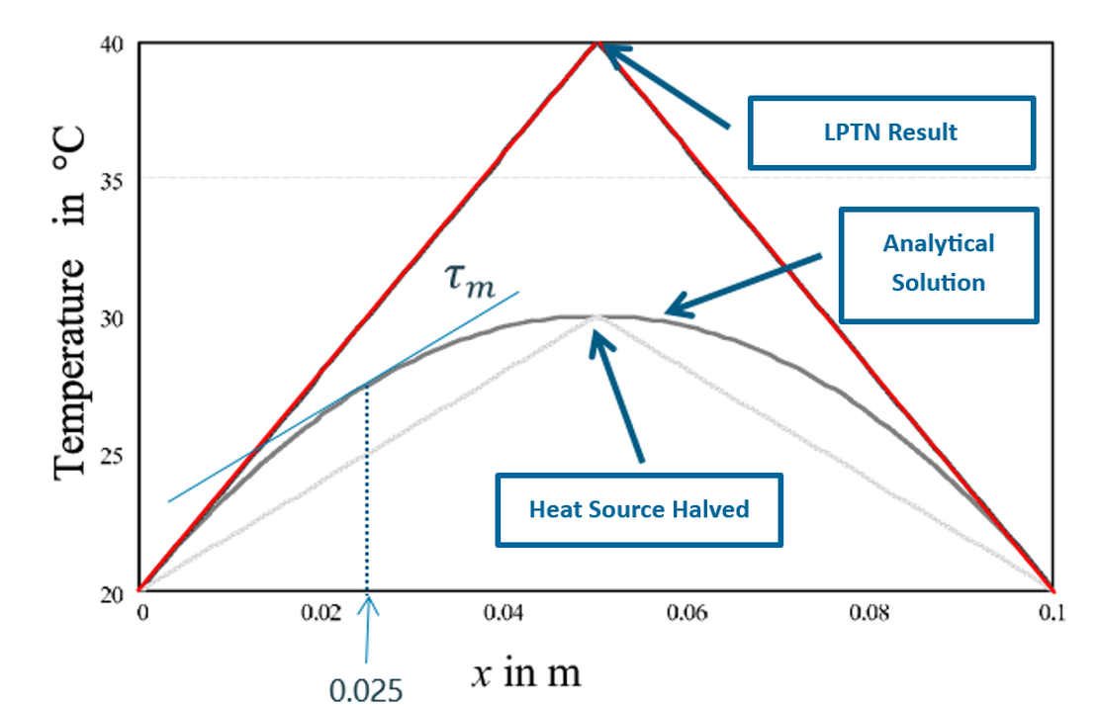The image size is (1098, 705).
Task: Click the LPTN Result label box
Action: click(891, 132)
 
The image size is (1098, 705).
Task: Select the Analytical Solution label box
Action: click(938, 263)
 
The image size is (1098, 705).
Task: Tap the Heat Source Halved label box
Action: click(638, 509)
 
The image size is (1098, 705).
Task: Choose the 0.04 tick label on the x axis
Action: click(504, 613)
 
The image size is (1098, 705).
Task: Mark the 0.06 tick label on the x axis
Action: click(686, 613)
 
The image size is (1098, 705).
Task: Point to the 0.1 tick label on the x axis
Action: click(1052, 613)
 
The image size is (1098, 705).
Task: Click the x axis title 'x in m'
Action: click(524, 673)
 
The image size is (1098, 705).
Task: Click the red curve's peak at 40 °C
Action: click(595, 43)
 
